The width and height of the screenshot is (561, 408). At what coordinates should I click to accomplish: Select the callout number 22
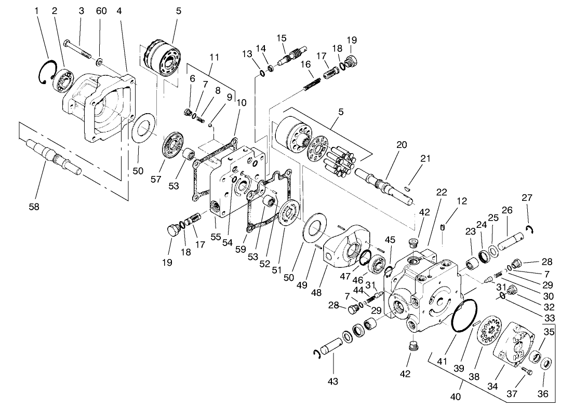click(x=442, y=192)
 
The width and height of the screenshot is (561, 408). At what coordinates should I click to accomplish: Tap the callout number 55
click(x=216, y=237)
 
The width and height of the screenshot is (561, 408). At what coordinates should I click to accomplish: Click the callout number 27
click(x=527, y=197)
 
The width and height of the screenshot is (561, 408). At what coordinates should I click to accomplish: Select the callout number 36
click(x=543, y=394)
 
